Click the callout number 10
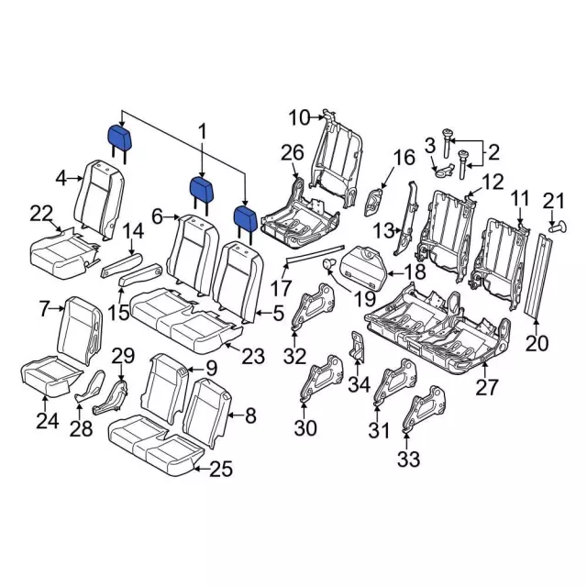300,118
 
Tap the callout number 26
293,153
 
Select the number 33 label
408,459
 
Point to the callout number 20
537,343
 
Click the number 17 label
281,288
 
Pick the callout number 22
41,215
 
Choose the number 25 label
221,469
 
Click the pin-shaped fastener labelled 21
558,227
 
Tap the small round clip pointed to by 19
329,263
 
